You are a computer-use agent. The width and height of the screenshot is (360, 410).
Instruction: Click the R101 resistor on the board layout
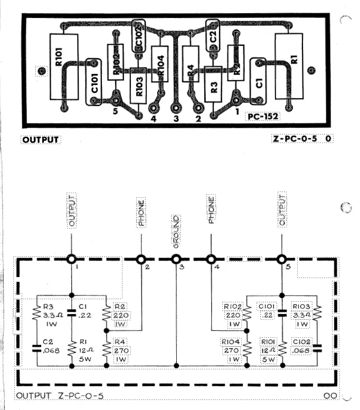pos(64,66)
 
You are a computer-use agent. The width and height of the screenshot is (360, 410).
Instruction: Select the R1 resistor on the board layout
pos(288,66)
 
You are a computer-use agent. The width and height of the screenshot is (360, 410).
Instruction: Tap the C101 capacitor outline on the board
pos(94,83)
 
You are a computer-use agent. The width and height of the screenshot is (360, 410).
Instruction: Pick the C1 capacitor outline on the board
pos(258,83)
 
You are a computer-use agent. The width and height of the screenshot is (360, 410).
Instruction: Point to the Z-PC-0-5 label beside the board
pos(293,139)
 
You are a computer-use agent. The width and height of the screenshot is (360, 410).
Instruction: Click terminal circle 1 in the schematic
pos(71,259)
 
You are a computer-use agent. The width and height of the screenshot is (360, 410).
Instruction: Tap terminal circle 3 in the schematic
pos(176,259)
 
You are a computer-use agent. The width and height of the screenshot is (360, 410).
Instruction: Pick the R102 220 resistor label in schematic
pos(234,314)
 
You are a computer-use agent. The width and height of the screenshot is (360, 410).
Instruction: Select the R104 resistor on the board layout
pos(160,64)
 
